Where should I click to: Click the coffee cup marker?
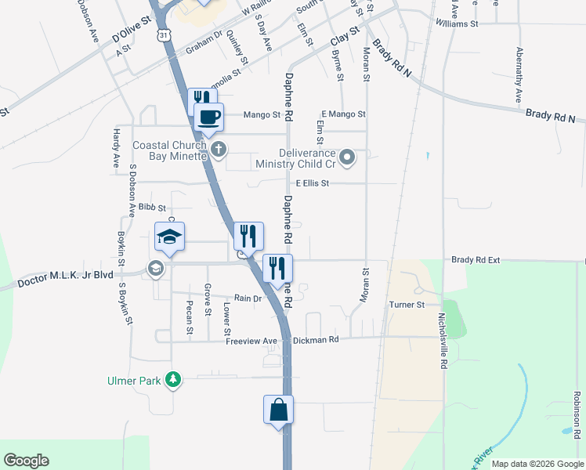tap(208, 117)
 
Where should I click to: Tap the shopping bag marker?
tap(279, 410)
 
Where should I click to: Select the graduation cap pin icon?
tap(169, 236)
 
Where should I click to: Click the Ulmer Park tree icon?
tap(172, 381)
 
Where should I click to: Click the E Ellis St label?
tap(312, 183)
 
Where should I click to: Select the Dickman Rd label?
tap(316, 341)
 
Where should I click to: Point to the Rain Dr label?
tap(247, 298)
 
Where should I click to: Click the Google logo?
tap(26, 461)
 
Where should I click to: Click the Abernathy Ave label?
tap(519, 75)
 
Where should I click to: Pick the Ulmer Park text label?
tap(133, 381)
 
